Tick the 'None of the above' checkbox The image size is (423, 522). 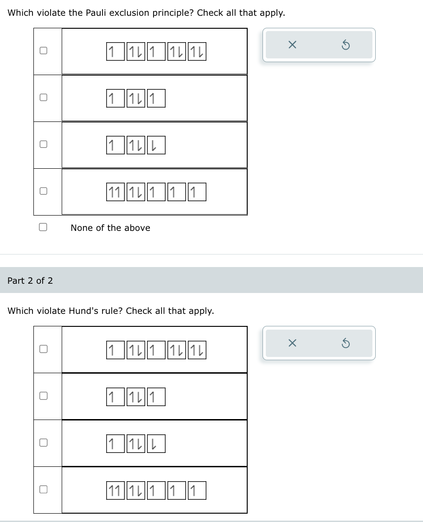click(43, 227)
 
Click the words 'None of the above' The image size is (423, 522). click(110, 228)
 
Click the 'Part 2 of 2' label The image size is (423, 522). click(30, 280)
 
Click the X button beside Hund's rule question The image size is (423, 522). click(292, 343)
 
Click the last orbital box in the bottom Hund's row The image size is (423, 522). click(198, 490)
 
